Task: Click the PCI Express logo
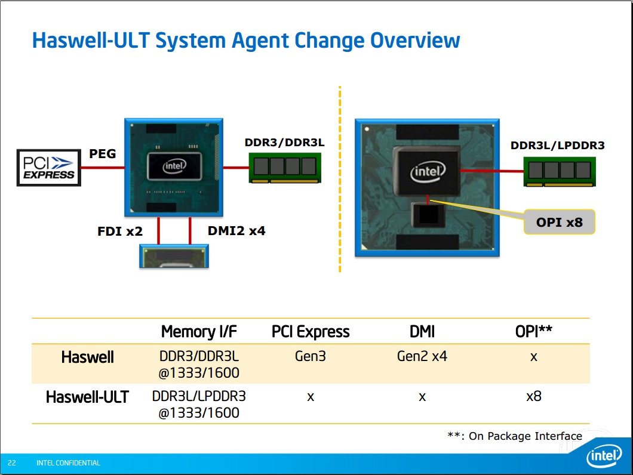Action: click(x=49, y=168)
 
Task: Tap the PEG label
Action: click(x=102, y=154)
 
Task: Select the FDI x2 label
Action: click(x=120, y=231)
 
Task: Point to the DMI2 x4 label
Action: click(x=236, y=230)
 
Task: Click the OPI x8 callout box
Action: click(x=559, y=222)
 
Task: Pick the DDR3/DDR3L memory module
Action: click(x=285, y=168)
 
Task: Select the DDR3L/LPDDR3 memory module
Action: click(x=560, y=171)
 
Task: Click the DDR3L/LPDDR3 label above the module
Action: click(x=557, y=145)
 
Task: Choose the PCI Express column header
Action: click(x=311, y=332)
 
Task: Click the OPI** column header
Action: click(x=534, y=331)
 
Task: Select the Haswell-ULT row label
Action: click(x=87, y=397)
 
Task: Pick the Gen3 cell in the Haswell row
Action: click(x=311, y=357)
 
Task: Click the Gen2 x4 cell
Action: click(x=422, y=357)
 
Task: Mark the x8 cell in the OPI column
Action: click(x=534, y=396)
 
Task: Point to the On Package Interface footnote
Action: click(x=515, y=436)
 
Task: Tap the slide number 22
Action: click(x=12, y=463)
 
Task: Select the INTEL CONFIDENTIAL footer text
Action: click(x=68, y=463)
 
